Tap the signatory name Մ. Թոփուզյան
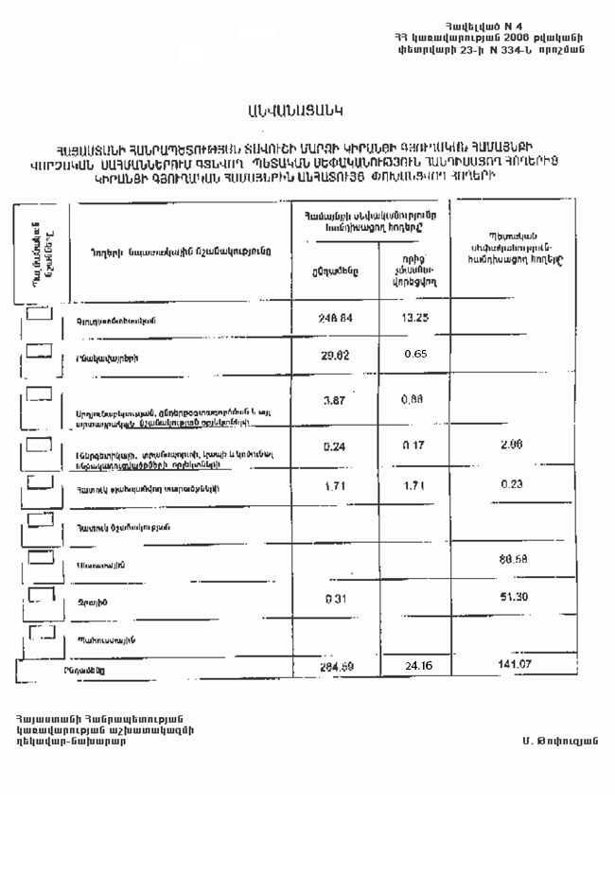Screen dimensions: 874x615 (559, 740)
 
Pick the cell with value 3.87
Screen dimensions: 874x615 (333, 401)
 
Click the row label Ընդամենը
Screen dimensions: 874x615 (86, 670)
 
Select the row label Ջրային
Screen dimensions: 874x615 (90, 602)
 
